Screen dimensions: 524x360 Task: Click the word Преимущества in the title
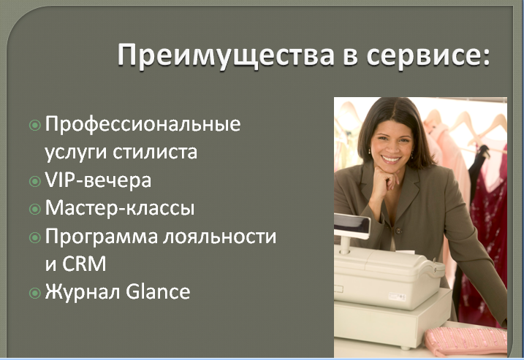(227, 55)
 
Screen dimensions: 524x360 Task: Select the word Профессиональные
(143, 125)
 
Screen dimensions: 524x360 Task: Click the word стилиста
(155, 152)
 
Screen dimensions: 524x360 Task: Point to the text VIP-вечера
(98, 180)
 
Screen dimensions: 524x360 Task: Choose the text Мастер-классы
(120, 208)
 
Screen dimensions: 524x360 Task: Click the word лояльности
(220, 237)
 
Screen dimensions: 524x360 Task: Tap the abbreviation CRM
(84, 264)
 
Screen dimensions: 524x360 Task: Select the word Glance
(158, 291)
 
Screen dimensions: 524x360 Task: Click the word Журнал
(83, 292)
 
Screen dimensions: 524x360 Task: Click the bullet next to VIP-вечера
(35, 181)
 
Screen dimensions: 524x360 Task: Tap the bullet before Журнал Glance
(35, 293)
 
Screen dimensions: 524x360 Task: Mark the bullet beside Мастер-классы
(35, 210)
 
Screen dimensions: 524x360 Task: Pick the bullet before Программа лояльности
(35, 237)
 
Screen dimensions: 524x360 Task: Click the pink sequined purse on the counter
(466, 340)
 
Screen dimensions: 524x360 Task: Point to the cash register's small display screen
(352, 227)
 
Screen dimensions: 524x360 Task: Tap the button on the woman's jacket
(398, 231)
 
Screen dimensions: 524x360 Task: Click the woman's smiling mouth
(391, 159)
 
